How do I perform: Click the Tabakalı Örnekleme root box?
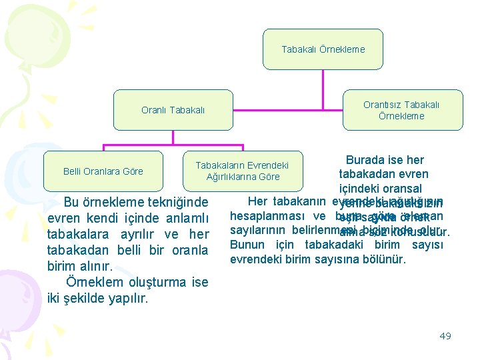[323, 49]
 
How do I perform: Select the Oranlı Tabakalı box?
[173, 110]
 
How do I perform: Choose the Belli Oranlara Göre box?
[103, 171]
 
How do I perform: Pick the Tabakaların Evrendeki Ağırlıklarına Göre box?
[243, 171]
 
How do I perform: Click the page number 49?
[445, 336]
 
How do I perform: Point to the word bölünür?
[383, 259]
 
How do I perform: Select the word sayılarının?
[259, 231]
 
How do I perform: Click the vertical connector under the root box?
[323, 79]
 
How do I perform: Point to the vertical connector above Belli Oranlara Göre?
[103, 147]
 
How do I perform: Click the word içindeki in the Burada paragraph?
[361, 189]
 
